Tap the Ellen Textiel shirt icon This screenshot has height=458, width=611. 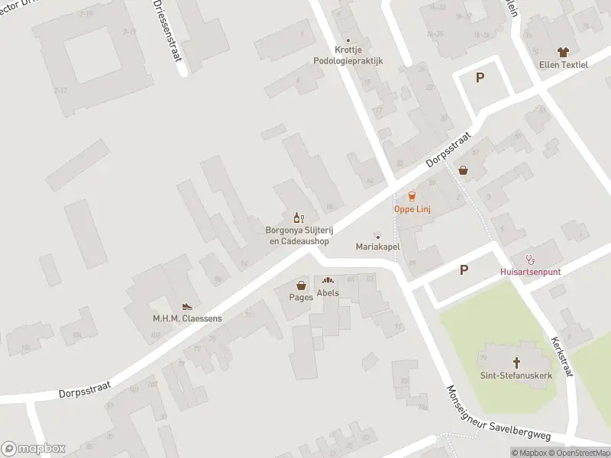(564, 52)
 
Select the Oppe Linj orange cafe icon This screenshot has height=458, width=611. (412, 196)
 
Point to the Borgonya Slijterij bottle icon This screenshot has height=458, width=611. (298, 218)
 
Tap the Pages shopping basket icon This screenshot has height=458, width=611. (302, 285)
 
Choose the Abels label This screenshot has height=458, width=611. (328, 292)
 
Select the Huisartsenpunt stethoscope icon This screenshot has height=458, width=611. (529, 259)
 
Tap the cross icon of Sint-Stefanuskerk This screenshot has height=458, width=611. (516, 362)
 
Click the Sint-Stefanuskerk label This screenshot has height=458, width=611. (516, 376)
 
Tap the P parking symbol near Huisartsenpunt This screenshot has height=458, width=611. (464, 269)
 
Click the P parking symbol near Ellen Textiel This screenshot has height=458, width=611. (480, 77)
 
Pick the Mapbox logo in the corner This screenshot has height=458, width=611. (34, 449)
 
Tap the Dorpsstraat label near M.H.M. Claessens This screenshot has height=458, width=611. (84, 390)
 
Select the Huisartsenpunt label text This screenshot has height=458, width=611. (529, 272)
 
